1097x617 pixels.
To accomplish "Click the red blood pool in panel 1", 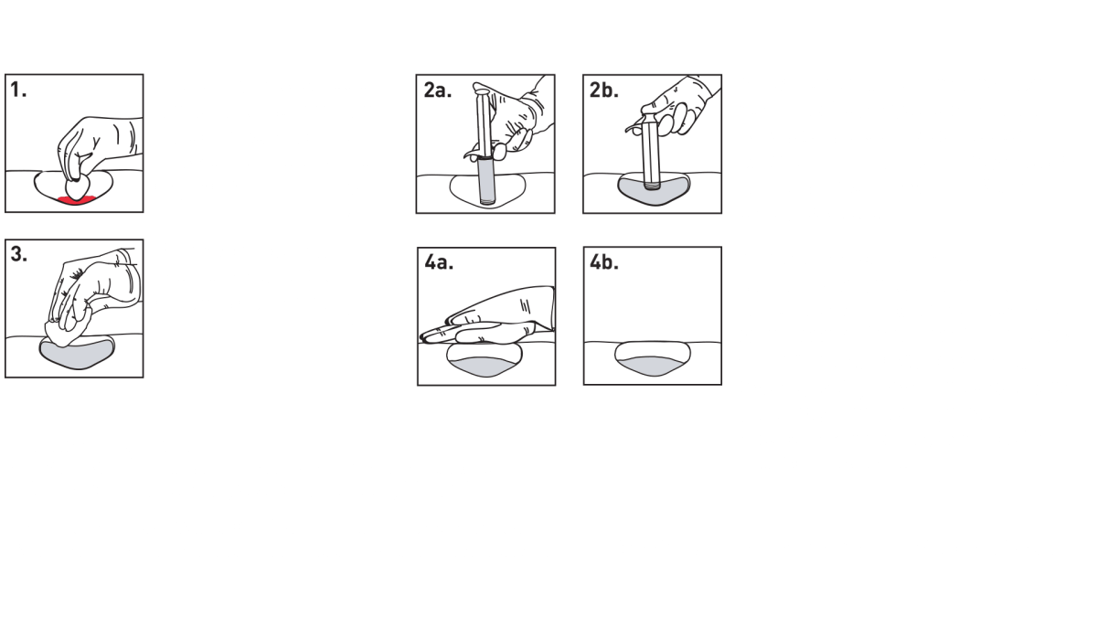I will (75, 198).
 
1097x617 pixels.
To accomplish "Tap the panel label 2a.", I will (438, 90).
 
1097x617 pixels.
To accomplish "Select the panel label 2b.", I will (605, 90).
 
